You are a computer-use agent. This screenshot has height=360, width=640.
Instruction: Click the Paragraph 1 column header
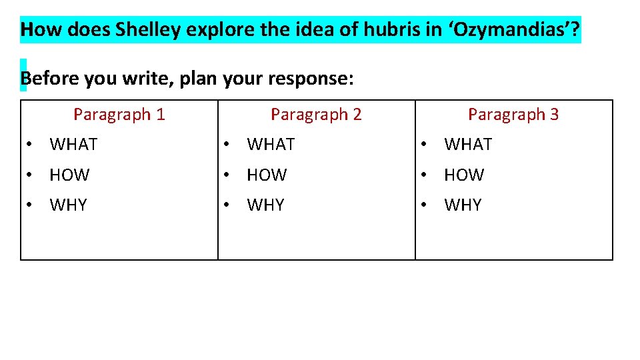pos(119,115)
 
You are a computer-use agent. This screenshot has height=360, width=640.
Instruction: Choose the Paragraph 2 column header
pos(316,115)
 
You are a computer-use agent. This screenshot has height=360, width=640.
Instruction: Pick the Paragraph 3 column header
pos(513,115)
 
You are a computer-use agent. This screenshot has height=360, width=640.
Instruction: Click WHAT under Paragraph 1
pos(73,145)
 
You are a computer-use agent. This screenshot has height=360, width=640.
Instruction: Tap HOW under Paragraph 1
pos(69,175)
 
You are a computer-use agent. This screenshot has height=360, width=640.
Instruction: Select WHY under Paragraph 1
pos(68,205)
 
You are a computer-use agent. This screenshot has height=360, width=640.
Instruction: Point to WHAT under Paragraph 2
pos(271,145)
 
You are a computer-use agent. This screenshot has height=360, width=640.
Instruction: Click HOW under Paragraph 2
pos(267,175)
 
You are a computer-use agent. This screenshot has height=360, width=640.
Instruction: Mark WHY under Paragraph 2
pos(265,205)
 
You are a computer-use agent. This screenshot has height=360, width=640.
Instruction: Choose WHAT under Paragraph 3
pos(468,145)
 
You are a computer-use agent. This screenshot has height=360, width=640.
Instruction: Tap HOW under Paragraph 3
pos(464,175)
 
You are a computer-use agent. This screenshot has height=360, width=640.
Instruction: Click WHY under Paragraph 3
pos(463,205)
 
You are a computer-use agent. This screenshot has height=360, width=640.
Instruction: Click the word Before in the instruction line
pos(49,79)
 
